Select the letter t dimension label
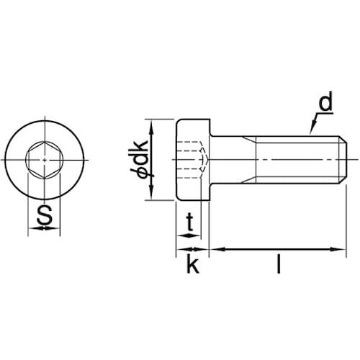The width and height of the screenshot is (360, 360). [189, 223]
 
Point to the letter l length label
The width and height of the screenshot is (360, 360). [277, 265]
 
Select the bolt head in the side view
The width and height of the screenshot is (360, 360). [192, 159]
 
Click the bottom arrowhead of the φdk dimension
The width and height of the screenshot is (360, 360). [151, 194]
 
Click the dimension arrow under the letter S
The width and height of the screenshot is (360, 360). [45, 229]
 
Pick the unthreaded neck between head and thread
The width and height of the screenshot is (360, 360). [232, 159]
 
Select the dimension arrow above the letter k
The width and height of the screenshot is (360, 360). [192, 250]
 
